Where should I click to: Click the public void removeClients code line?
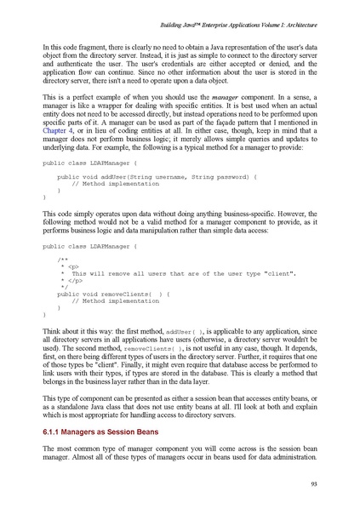click(x=114, y=294)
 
